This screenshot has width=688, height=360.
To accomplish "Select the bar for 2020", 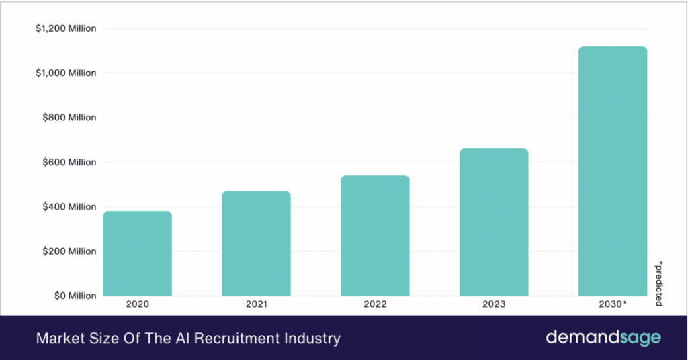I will [138, 253].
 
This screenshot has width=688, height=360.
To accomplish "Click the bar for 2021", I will [256, 243].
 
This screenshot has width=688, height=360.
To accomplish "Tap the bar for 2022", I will [375, 235].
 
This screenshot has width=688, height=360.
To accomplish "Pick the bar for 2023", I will [494, 222].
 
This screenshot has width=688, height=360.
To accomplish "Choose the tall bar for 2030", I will [613, 171].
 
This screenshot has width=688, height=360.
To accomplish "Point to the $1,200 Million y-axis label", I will [65, 28].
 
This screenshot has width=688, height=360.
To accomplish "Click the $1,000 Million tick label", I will [65, 73].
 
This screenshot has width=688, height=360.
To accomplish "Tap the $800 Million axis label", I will [69, 118].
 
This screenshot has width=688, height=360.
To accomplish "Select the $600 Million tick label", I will [69, 162].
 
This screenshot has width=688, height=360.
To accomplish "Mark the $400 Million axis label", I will [69, 206].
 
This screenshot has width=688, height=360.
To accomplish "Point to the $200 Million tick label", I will [69, 251].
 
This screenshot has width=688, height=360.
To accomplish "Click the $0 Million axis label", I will [74, 296].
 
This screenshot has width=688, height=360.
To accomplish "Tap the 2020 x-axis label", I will [137, 304].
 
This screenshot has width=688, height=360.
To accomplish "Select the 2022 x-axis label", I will [375, 304].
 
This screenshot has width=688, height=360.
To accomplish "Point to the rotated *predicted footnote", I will [658, 282].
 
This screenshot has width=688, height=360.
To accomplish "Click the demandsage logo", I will [603, 338].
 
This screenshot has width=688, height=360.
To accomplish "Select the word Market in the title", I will [58, 339].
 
